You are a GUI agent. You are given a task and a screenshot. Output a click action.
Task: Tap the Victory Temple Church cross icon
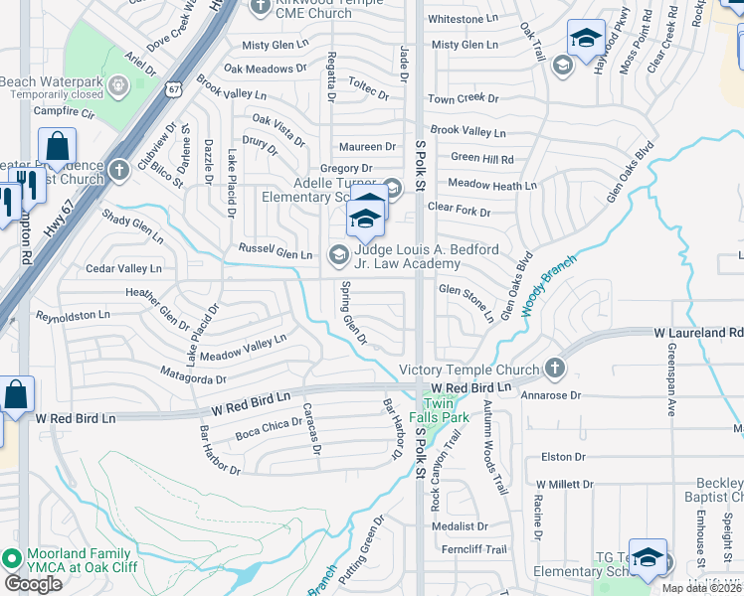tap(555, 370)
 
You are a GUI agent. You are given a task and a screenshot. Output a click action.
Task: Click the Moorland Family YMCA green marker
tap(12, 558)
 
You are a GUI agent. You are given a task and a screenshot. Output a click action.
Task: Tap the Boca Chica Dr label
tap(268, 429)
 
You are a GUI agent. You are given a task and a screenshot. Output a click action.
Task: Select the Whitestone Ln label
tap(463, 19)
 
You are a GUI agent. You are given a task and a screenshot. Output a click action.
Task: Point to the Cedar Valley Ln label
tap(123, 268)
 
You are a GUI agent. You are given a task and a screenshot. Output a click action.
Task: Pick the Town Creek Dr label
tap(463, 98)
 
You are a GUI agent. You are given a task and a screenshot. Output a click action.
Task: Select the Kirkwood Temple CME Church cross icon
tap(262, 7)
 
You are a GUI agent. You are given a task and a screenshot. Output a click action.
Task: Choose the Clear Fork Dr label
tap(459, 212)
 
